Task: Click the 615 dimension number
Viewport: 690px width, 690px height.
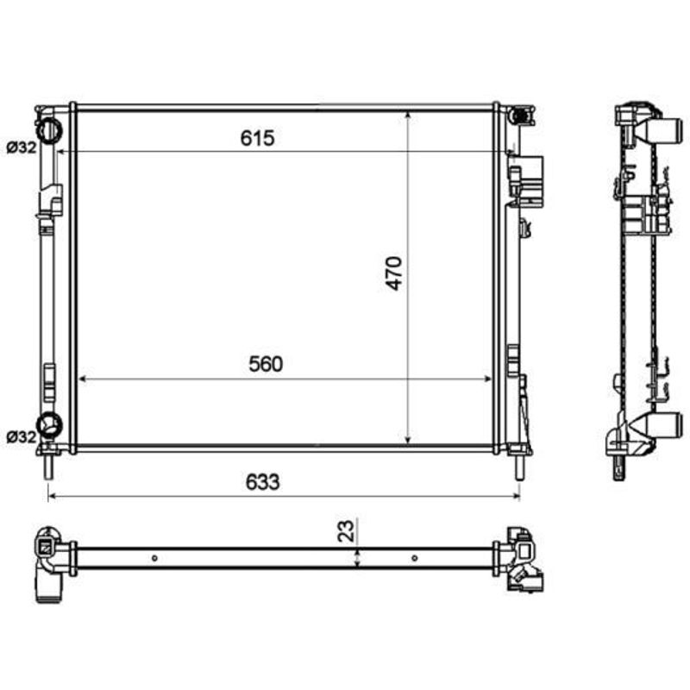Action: pos(257,138)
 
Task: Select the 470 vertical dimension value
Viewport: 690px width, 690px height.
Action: pos(394,273)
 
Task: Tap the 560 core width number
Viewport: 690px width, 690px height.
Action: pos(266,364)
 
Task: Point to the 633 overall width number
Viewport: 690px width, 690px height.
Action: pos(263,482)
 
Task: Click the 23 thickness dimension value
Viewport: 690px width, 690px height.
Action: pos(346,530)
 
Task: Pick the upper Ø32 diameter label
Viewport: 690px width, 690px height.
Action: pos(22,147)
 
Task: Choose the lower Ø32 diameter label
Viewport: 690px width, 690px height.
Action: pos(22,437)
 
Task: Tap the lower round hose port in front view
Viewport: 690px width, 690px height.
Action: pos(49,425)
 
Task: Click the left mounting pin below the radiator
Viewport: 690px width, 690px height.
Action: pos(49,467)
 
